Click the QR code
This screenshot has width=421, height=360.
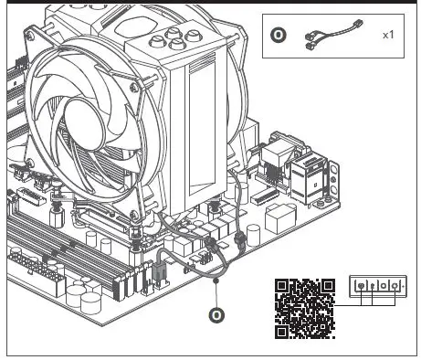pos(304,307)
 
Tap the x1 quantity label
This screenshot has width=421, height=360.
pos(387,35)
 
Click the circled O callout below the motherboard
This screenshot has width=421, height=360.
pos(216,315)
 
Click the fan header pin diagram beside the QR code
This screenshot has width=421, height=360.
pos(376,287)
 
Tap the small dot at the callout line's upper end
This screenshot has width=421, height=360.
pos(216,282)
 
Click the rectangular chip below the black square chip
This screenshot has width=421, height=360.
pos(279,217)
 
